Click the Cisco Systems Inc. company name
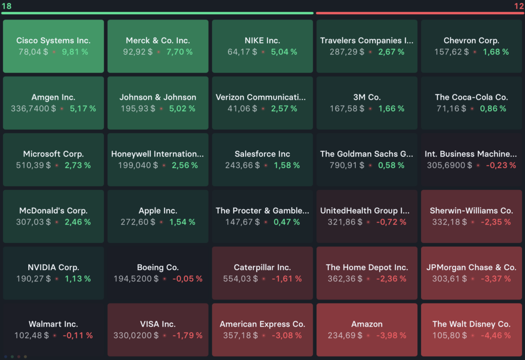click(x=53, y=41)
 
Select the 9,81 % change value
click(x=75, y=52)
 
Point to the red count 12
click(x=518, y=6)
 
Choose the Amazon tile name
click(x=367, y=324)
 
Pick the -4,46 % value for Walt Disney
click(x=496, y=335)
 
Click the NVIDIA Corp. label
click(x=53, y=267)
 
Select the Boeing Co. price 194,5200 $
click(x=136, y=278)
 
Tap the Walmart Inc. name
click(x=53, y=324)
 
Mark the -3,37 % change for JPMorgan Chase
click(x=496, y=278)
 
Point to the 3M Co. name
click(x=367, y=97)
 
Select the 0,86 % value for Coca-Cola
click(x=493, y=109)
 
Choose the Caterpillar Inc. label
click(x=262, y=267)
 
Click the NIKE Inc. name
click(x=262, y=41)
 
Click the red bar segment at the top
click(x=419, y=13)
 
